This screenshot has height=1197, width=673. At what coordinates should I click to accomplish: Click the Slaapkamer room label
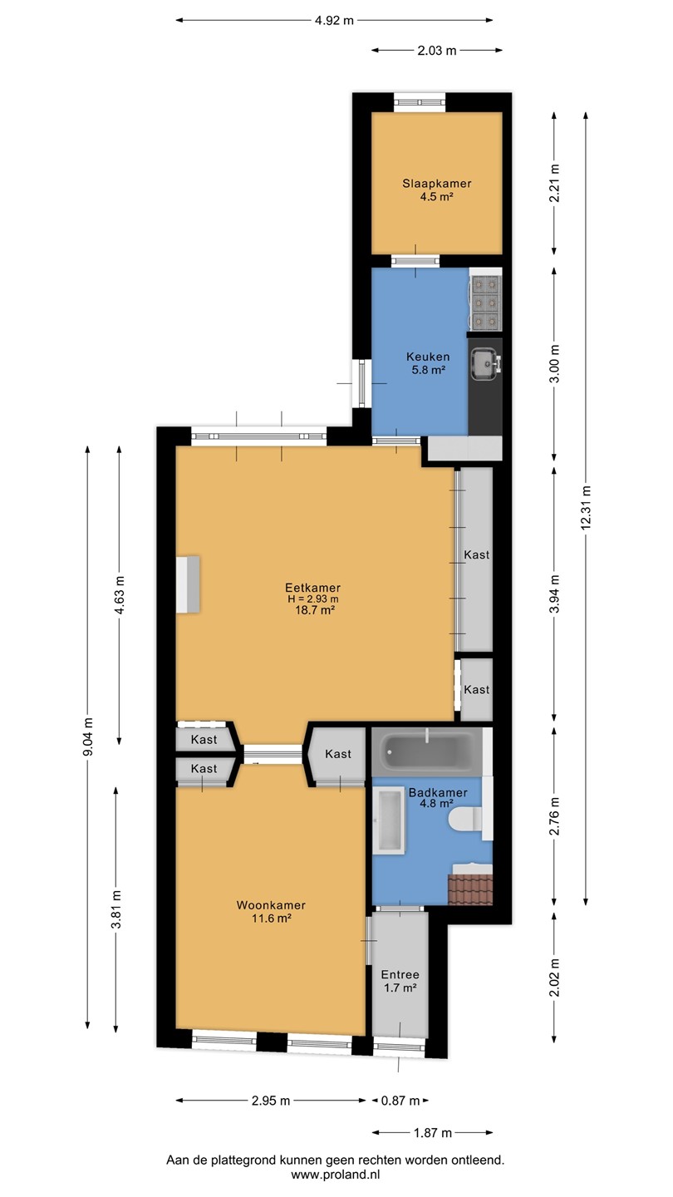436,183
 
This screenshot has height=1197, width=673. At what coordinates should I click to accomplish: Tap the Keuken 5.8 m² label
428,362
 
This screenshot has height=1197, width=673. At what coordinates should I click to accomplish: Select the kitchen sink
484,364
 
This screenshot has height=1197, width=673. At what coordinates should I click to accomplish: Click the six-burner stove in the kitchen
485,303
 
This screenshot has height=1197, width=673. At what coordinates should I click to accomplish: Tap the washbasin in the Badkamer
389,820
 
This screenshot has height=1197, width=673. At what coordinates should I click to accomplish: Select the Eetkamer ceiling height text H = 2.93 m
313,599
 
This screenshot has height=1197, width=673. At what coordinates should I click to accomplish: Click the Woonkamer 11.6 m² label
272,912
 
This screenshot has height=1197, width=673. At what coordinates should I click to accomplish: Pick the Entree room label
400,975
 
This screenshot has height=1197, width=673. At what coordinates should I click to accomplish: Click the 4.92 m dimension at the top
334,21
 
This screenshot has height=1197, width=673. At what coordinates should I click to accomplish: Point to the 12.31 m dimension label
587,507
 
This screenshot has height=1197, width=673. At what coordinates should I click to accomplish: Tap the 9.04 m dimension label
88,736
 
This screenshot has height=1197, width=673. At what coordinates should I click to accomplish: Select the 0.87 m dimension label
400,1101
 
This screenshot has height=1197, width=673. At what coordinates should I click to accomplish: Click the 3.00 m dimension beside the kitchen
555,363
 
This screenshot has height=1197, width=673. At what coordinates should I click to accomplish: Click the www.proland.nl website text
336,1175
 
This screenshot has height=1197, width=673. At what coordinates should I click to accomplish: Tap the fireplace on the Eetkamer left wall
188,584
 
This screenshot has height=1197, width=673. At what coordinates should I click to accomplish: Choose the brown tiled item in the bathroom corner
470,889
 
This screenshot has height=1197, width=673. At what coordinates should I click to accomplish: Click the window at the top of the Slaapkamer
420,102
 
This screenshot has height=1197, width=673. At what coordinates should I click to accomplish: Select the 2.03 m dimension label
437,51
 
